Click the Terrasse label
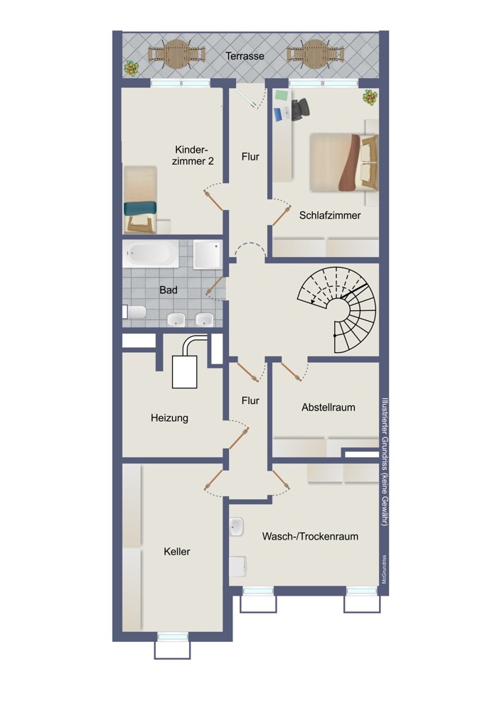[x=245, y=56]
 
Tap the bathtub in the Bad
[x=151, y=253]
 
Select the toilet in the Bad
[x=134, y=312]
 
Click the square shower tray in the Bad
[x=208, y=254]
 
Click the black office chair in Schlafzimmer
[x=300, y=109]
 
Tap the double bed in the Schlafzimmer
[x=343, y=163]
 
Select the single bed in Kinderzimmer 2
[x=140, y=200]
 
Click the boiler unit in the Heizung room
[x=185, y=371]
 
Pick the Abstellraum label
[x=329, y=407]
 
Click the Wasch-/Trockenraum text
[x=310, y=537]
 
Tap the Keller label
[x=177, y=552]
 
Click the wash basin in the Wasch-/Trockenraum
[x=237, y=527]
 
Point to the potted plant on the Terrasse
[x=132, y=68]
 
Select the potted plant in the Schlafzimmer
[x=370, y=97]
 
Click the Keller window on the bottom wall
[x=172, y=637]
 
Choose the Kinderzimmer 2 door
[x=213, y=200]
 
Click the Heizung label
[x=170, y=418]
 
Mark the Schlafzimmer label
[x=330, y=216]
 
